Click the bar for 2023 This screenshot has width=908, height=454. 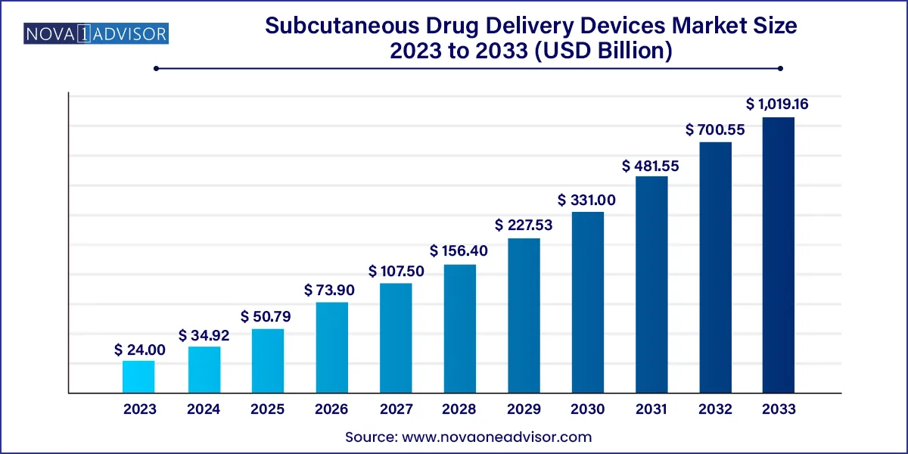138,377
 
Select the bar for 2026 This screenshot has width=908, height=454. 331,347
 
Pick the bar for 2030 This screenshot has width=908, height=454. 587,302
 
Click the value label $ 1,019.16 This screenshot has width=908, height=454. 777,104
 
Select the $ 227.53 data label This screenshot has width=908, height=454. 524,225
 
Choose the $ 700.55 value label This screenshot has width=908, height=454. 714,129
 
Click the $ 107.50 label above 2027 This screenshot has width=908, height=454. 396,270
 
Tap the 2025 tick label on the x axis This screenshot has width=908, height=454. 268,409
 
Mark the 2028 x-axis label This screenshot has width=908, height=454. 459,409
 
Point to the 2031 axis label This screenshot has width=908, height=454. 651,409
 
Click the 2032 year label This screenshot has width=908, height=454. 714,409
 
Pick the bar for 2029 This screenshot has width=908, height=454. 524,316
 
